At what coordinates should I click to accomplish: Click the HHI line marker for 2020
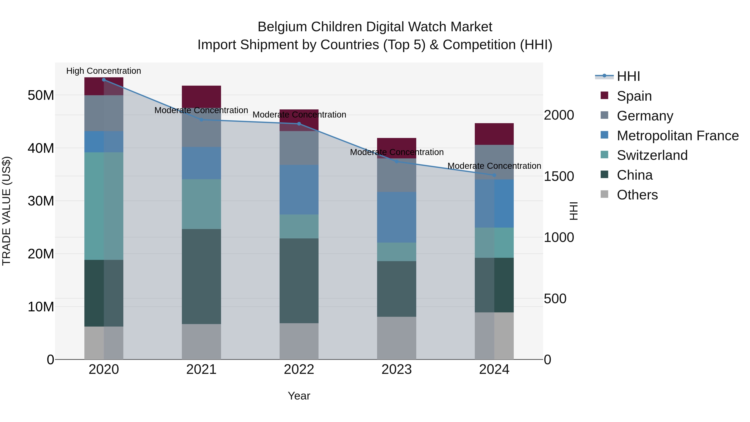coord(104,80)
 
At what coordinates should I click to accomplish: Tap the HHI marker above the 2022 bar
coord(299,124)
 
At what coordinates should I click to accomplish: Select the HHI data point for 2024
coord(494,175)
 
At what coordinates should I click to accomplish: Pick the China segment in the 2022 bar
coord(299,280)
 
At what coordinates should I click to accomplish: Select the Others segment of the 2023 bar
coord(396,338)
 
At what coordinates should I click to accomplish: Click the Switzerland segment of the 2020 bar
coord(104,206)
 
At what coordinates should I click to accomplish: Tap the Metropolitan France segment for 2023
coord(396,217)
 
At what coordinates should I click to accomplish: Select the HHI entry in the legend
coord(628,76)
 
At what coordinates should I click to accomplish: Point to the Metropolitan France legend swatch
coord(604,135)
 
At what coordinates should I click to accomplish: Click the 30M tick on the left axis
coord(41,201)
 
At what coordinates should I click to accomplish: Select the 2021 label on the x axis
coord(201,369)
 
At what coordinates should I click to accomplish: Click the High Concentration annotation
coord(104,71)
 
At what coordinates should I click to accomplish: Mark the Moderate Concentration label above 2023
coord(396,152)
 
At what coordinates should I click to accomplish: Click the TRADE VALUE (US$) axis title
coord(6,211)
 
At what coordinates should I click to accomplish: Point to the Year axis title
coord(299,396)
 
